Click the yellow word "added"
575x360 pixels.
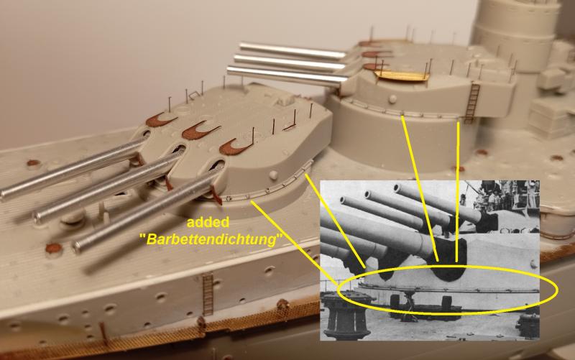tap(208, 222)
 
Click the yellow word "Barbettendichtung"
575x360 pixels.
tap(211, 240)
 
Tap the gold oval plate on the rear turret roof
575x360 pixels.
tap(402, 76)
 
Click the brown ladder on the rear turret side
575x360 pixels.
tap(472, 103)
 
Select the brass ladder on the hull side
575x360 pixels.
tap(208, 295)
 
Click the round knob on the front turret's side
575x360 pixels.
tap(274, 174)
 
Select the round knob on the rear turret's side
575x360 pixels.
tap(392, 98)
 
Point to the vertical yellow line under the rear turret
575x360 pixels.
tap(458, 192)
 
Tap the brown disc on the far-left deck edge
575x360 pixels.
tap(33, 162)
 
